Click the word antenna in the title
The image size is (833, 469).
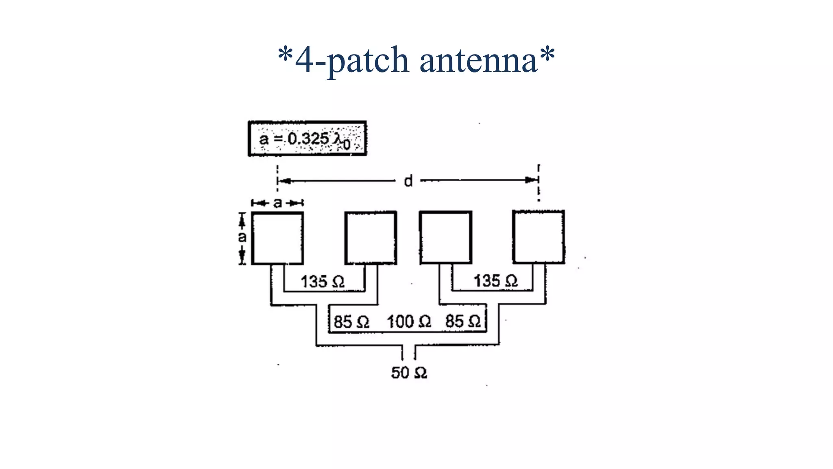[478, 60]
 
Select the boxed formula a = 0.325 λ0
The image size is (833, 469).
[307, 138]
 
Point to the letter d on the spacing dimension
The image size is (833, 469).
[408, 181]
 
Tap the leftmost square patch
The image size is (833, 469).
[277, 238]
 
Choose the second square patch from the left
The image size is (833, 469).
[371, 238]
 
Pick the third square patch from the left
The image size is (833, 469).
[446, 237]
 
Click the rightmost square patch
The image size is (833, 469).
[539, 237]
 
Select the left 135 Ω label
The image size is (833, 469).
[323, 282]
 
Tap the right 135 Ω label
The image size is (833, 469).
[495, 281]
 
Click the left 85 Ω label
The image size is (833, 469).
[351, 322]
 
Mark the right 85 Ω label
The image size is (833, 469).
[463, 322]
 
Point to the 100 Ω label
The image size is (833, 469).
[409, 322]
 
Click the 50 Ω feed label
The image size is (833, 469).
[409, 373]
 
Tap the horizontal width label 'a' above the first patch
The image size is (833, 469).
[277, 203]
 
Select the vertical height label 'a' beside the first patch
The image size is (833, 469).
[242, 237]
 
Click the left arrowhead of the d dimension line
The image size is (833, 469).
[284, 181]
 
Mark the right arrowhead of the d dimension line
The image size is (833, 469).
[532, 180]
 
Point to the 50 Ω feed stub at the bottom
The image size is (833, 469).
[409, 353]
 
